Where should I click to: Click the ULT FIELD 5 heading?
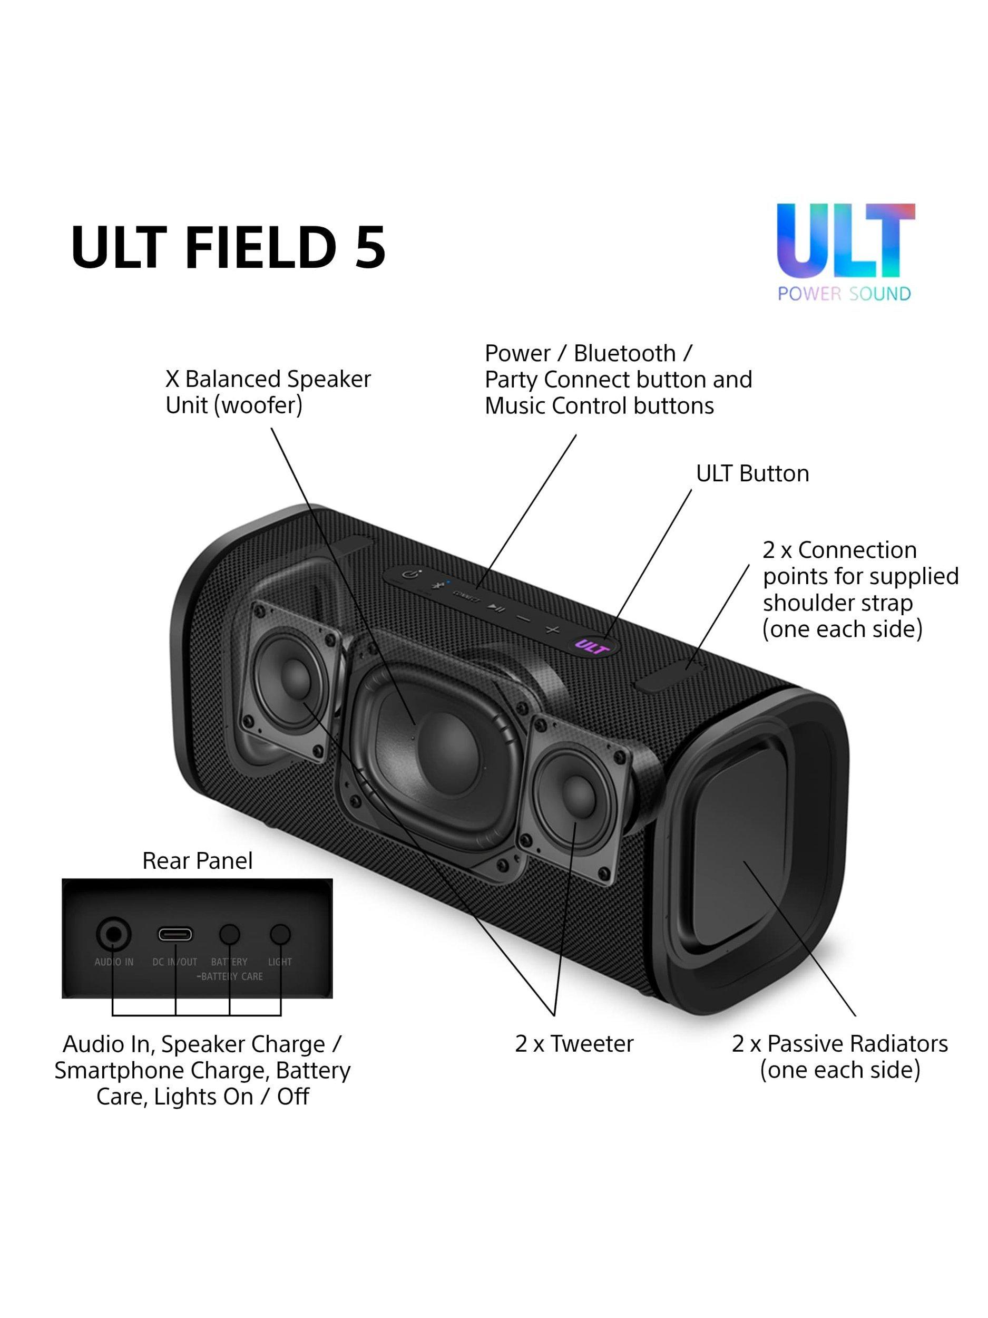pyautogui.click(x=228, y=246)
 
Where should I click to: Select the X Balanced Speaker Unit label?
pyautogui.click(x=268, y=392)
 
